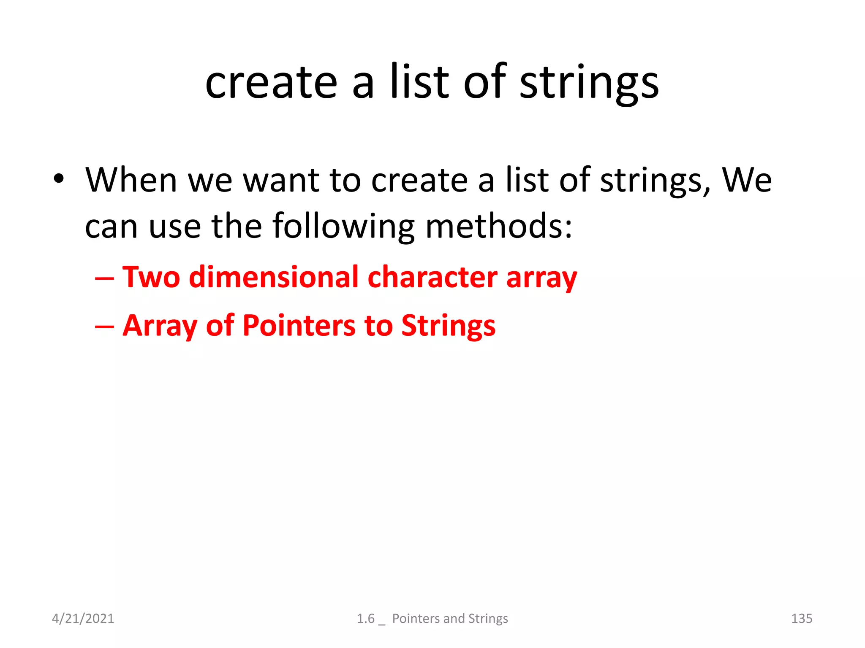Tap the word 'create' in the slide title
271,83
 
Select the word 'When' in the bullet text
131,181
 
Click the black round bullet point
59,179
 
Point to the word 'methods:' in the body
498,227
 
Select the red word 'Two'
151,277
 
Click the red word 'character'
432,277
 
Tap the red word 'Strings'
448,326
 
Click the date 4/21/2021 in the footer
83,618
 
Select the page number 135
801,618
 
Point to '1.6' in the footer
365,618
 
